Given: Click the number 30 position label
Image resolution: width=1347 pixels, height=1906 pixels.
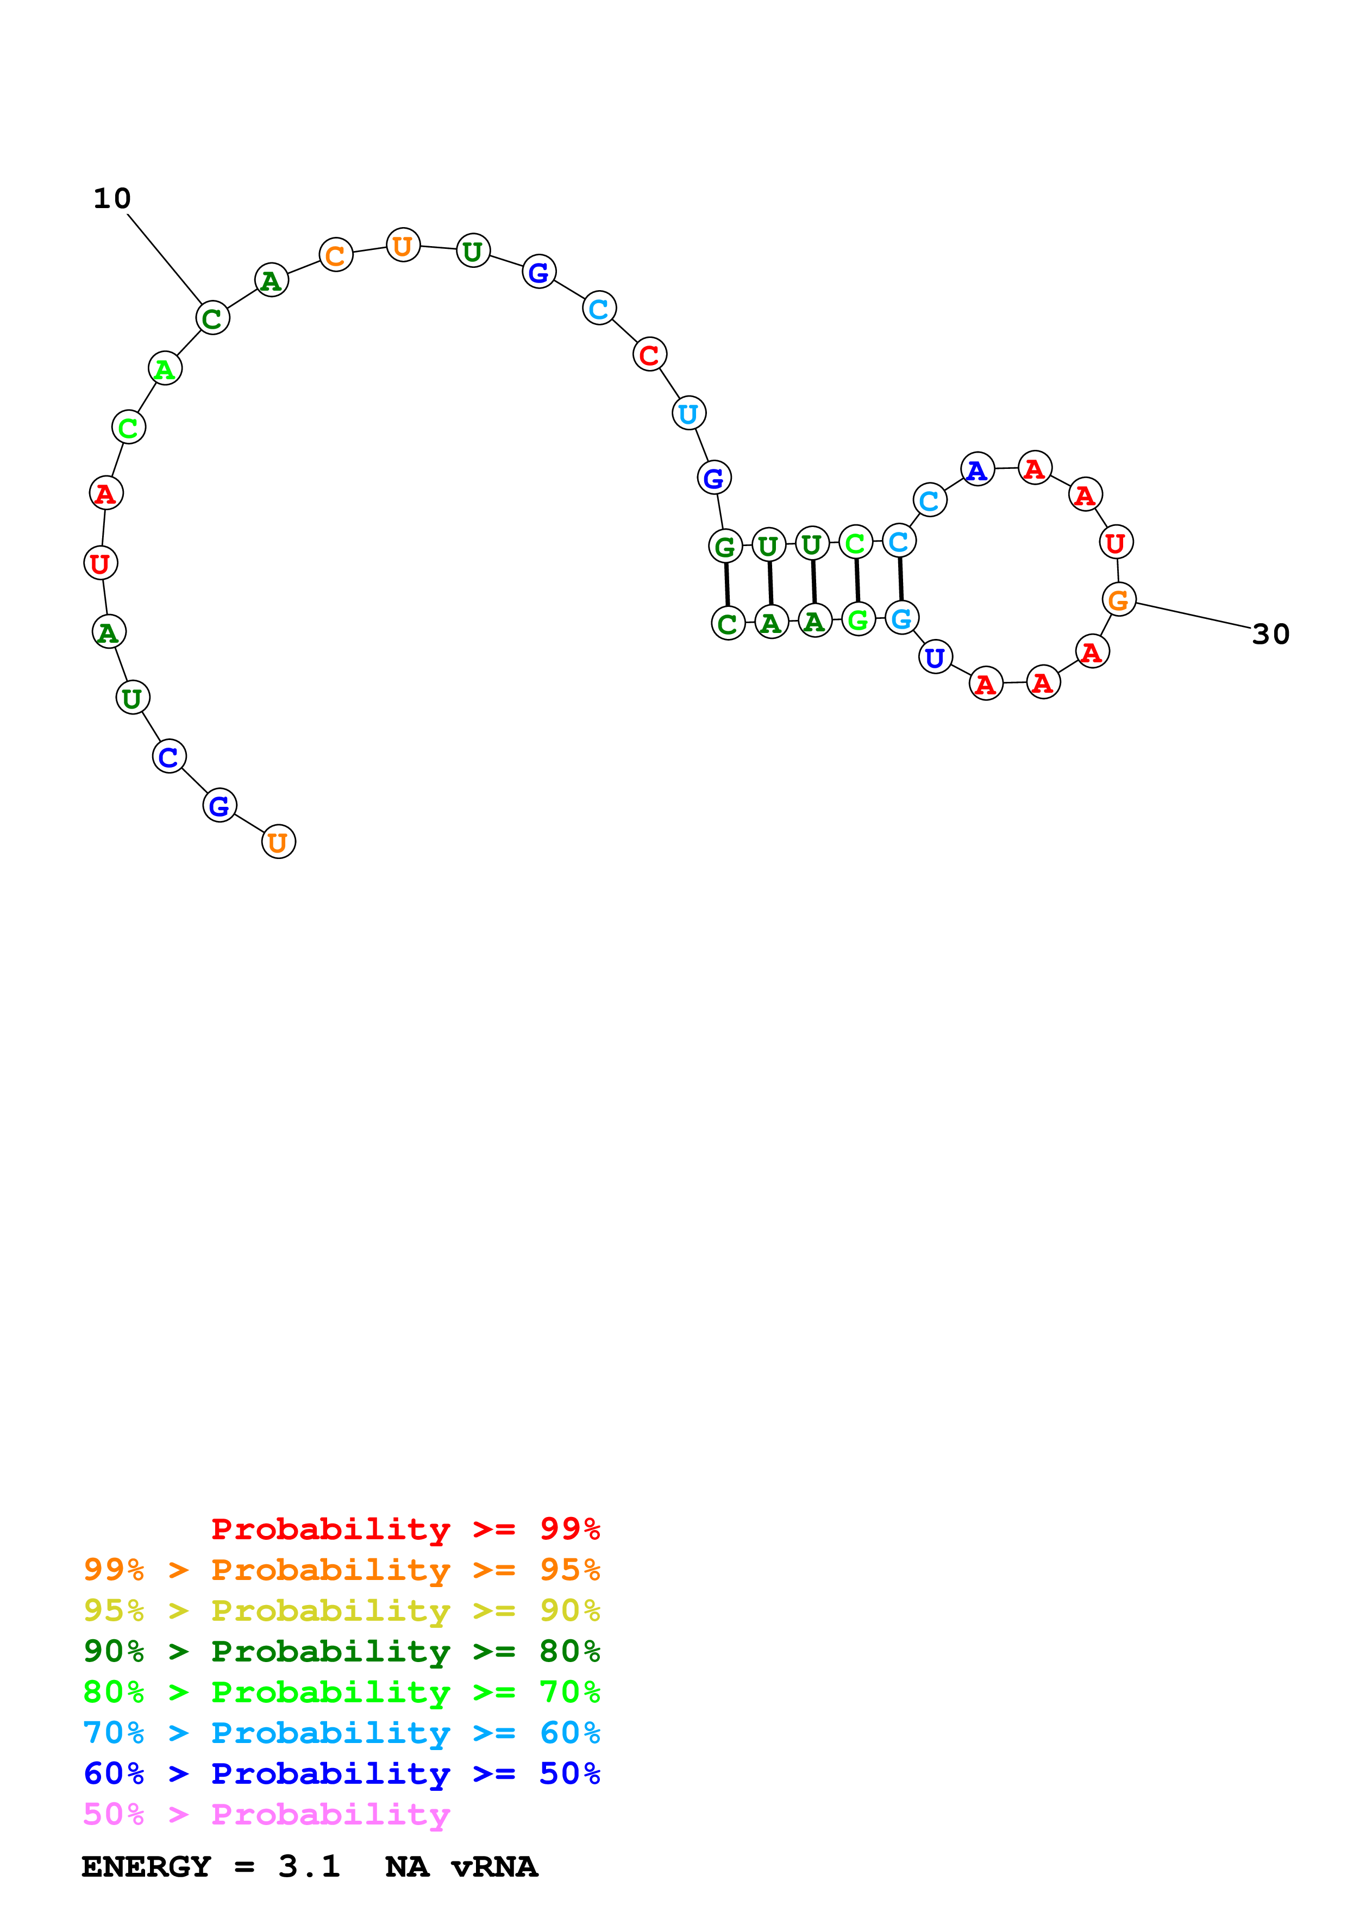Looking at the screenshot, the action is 1270,634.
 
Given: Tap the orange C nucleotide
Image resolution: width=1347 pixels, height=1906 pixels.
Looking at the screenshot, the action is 335,255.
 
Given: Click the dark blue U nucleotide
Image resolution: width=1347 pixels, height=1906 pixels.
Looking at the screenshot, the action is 935,657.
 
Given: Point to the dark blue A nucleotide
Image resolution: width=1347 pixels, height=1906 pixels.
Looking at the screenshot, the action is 977,470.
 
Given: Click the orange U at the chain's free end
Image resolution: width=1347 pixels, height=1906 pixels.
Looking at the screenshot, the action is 278,842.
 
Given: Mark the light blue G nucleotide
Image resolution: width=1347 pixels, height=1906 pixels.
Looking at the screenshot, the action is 901,618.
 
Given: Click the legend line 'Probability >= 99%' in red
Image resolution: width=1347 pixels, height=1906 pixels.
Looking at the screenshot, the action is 405,1529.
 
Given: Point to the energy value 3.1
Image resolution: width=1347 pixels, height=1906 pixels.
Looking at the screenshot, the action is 309,1866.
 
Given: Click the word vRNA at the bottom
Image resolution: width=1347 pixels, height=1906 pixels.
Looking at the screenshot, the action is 494,1866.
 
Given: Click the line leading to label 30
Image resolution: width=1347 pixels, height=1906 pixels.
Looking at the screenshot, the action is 1193,615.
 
